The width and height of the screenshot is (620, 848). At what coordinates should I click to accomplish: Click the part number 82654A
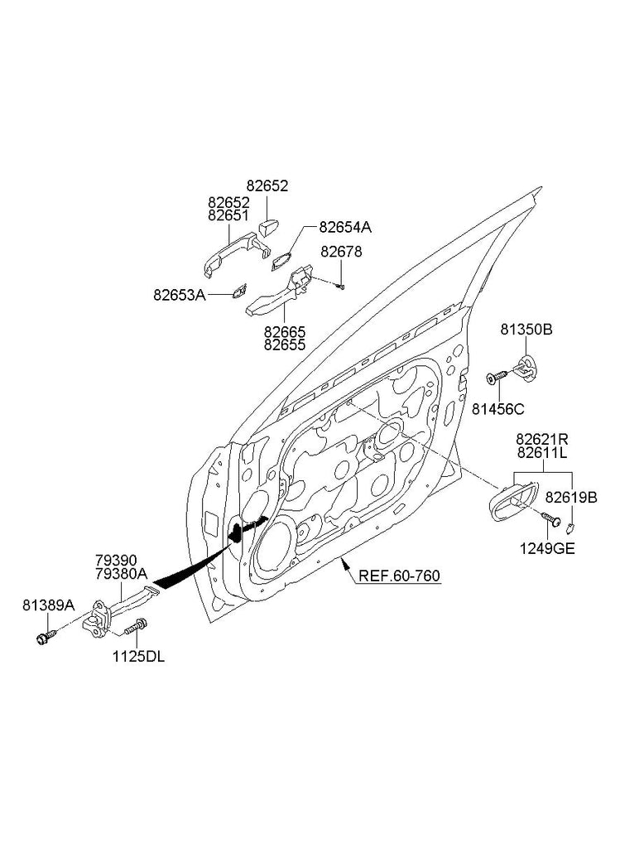click(x=345, y=226)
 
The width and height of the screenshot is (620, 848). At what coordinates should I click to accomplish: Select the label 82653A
click(x=179, y=294)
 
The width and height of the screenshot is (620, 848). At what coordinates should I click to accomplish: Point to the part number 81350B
click(x=526, y=330)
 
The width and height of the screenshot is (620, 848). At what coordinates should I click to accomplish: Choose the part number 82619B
click(x=571, y=497)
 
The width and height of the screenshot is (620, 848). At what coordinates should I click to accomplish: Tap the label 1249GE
click(x=548, y=548)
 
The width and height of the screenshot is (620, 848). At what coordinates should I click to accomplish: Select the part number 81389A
click(x=49, y=606)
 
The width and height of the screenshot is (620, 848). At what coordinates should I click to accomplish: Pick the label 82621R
click(x=543, y=438)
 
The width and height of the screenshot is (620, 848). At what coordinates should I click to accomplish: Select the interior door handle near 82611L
click(x=507, y=502)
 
